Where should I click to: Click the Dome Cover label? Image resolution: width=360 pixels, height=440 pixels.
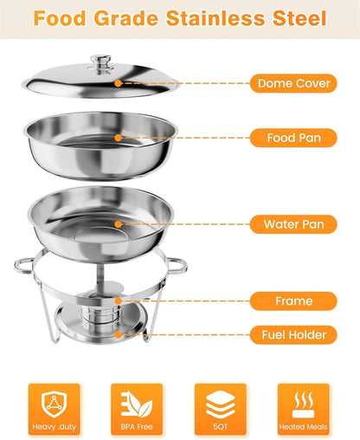point(292,84)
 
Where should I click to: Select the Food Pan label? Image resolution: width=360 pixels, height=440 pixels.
point(292,138)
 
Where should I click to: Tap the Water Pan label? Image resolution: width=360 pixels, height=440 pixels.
point(292,224)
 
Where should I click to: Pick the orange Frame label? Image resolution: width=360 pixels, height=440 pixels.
point(292,301)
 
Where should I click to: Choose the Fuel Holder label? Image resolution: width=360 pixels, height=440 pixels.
point(292,334)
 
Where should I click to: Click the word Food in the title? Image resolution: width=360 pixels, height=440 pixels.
point(59,17)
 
